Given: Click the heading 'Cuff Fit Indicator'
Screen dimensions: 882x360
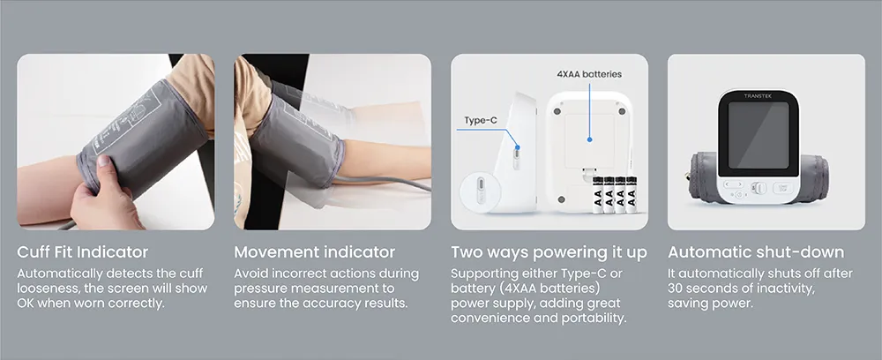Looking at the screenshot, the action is point(83,252).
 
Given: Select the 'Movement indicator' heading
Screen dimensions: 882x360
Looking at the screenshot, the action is point(315,252).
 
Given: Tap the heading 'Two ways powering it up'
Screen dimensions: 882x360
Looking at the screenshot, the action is point(549,252).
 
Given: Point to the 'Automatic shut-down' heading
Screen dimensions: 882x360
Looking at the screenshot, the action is point(756,252).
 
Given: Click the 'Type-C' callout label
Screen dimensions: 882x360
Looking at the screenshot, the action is point(481,120).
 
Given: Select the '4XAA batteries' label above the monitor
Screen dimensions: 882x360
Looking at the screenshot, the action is point(589,74).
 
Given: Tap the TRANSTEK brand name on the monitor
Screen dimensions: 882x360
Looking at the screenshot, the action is point(759,96).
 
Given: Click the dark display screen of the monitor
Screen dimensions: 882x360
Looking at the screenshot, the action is point(759,136).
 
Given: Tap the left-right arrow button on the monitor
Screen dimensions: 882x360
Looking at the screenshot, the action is point(733,184).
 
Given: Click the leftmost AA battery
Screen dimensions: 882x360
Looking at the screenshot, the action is point(597,195).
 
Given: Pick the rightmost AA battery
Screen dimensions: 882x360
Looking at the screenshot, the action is point(632,195).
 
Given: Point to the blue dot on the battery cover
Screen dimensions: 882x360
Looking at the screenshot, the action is point(589,139).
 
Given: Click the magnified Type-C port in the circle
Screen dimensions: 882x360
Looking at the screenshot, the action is point(480,190).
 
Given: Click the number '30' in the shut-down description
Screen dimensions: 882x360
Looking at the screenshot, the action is point(676,289).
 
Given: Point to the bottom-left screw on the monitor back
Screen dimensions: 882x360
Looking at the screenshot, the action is point(560,199).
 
